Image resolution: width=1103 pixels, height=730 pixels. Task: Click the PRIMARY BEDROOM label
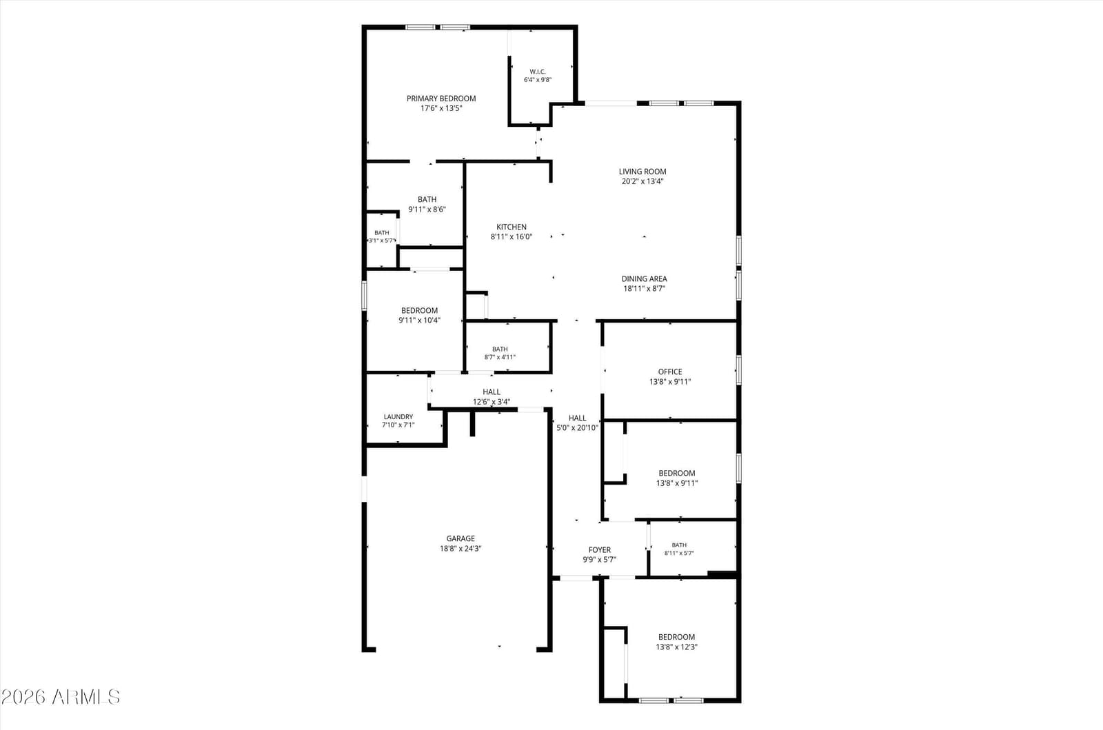(x=441, y=99)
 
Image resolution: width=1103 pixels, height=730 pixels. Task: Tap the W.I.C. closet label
(x=538, y=72)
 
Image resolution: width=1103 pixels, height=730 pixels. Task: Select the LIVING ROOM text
(x=642, y=172)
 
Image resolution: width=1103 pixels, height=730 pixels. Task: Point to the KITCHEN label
(x=512, y=227)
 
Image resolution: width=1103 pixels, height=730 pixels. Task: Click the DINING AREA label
(x=644, y=278)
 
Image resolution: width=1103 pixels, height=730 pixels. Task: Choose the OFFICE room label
(x=670, y=372)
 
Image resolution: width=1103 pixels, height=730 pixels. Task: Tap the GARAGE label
(x=461, y=538)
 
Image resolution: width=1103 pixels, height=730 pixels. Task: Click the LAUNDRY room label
(x=398, y=417)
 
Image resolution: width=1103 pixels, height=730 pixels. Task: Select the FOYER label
(x=600, y=550)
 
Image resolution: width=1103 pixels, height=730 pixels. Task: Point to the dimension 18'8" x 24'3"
(x=461, y=548)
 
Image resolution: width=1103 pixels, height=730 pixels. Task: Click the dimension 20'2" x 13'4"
(x=642, y=181)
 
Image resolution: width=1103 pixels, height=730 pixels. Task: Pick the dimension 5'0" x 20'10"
(x=578, y=428)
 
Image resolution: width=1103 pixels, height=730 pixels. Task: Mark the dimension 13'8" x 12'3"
(x=676, y=647)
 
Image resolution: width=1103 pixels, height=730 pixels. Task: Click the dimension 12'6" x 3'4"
(x=492, y=402)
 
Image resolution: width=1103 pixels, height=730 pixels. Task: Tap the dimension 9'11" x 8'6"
(x=427, y=209)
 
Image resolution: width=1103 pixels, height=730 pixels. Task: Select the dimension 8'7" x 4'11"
(x=500, y=357)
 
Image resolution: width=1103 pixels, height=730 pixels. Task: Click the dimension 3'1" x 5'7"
(x=382, y=241)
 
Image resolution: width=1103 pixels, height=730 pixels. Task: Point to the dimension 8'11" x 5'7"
(x=679, y=553)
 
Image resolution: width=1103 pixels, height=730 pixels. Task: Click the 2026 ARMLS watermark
(x=61, y=696)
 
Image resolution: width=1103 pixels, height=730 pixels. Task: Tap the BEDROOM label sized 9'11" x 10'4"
(x=420, y=311)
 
